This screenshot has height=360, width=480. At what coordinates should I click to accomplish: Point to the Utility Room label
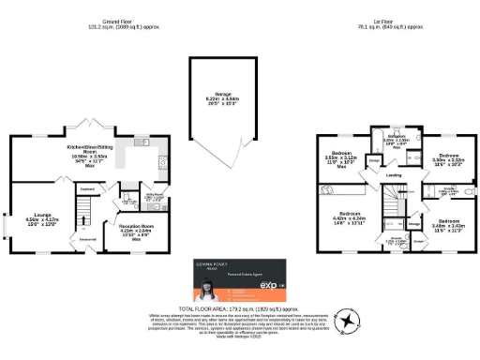pyautogui.click(x=148, y=200)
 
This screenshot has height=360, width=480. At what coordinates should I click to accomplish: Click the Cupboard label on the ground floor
pyautogui.click(x=87, y=187)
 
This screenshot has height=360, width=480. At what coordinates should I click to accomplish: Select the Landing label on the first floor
pyautogui.click(x=393, y=174)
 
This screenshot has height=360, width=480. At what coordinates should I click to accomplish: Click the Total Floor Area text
pyautogui.click(x=240, y=307)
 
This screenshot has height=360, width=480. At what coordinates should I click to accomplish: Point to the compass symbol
pyautogui.click(x=349, y=322)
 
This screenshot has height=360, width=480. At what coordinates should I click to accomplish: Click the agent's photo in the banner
pyautogui.click(x=207, y=281)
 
